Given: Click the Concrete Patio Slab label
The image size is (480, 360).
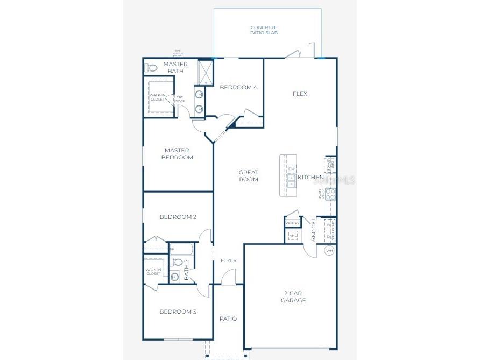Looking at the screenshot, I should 264,30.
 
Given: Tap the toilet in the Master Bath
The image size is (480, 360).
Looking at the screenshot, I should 152,68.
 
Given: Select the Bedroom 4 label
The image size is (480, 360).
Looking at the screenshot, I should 238,87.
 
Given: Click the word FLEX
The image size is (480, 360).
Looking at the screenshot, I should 300,94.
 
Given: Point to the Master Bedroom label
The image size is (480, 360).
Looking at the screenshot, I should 179,154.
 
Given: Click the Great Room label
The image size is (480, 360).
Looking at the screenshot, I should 249,176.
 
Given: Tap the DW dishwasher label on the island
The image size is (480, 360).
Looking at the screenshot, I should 291,169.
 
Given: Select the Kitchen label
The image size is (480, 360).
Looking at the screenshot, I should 311,177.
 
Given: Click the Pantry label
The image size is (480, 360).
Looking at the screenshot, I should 292,223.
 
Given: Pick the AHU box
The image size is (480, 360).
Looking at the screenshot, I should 293,236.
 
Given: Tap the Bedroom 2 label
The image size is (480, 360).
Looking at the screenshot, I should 178,217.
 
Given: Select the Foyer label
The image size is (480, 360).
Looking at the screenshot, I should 228,260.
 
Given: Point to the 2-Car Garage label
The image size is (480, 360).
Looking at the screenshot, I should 294,297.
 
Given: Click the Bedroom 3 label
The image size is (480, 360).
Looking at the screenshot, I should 178,312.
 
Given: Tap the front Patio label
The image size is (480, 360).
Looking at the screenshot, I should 228,319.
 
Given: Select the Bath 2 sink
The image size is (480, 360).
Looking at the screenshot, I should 174,277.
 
